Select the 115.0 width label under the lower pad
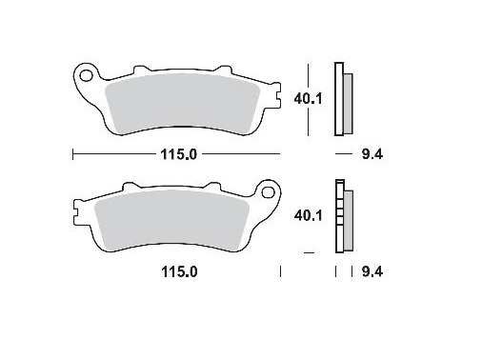click(178, 272)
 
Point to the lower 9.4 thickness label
click(372, 272)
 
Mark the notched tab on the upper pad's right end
click(277, 96)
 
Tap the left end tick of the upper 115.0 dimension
click(73, 152)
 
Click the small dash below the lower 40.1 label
click(308, 252)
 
